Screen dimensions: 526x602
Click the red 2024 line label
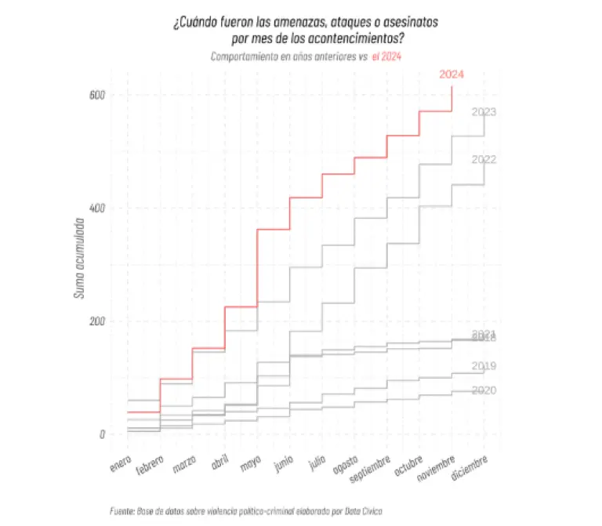pos(451,74)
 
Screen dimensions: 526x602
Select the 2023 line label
pos(484,112)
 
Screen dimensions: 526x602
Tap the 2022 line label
pos(484,159)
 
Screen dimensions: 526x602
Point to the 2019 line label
pos(484,366)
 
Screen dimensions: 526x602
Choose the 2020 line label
pos(484,390)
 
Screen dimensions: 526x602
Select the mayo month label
pos(251,464)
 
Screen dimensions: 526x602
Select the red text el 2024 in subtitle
pos(388,56)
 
